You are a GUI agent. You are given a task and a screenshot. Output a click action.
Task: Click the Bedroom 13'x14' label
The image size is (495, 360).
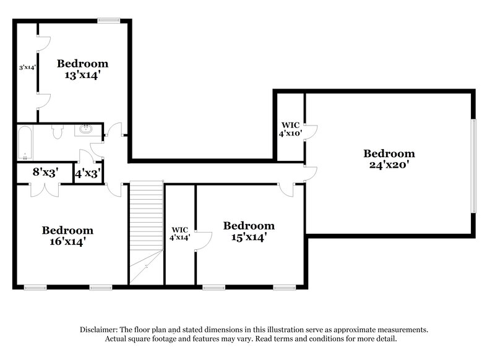click(82, 69)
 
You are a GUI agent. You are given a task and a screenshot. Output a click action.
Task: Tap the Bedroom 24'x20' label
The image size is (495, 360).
click(389, 159)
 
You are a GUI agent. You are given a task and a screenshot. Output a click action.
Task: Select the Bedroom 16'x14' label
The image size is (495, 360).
click(67, 236)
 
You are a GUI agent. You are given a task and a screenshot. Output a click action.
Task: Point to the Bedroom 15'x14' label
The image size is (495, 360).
click(249, 231)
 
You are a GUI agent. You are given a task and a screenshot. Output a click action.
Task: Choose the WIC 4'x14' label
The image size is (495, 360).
click(180, 233)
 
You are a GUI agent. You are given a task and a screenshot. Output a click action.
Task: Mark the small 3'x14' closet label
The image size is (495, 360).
click(27, 67)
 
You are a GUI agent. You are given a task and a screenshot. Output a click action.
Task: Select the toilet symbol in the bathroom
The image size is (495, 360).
click(58, 132)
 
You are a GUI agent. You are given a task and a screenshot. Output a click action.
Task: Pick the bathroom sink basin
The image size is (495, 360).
click(84, 130)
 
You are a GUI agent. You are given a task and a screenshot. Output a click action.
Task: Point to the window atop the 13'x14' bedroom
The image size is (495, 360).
click(108, 20)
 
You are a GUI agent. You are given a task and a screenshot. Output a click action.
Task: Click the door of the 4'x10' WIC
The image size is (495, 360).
click(311, 132)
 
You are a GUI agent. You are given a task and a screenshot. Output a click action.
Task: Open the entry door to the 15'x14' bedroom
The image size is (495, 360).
click(287, 189)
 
